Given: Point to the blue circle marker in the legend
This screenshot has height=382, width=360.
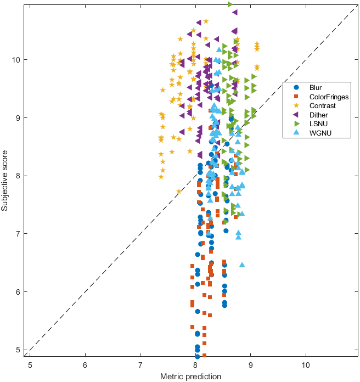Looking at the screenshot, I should [296, 87].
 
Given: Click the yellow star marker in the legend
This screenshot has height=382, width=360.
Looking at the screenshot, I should [296, 106].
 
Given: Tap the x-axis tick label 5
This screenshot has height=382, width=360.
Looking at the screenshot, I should [30, 365].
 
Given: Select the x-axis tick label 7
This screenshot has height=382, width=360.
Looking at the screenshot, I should [140, 365].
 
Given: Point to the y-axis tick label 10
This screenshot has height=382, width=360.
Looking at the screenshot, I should [19, 59].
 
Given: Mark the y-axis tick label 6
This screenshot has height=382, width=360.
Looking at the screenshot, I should [21, 292].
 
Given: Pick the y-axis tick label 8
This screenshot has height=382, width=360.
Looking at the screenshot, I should [21, 176].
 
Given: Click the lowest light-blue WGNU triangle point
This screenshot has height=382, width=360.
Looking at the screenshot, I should [242, 265].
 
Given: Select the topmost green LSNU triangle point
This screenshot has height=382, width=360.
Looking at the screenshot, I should [230, 4].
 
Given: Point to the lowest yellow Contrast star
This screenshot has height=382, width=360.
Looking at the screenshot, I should [179, 192].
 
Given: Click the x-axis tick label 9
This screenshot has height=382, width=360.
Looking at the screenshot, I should [251, 365].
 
